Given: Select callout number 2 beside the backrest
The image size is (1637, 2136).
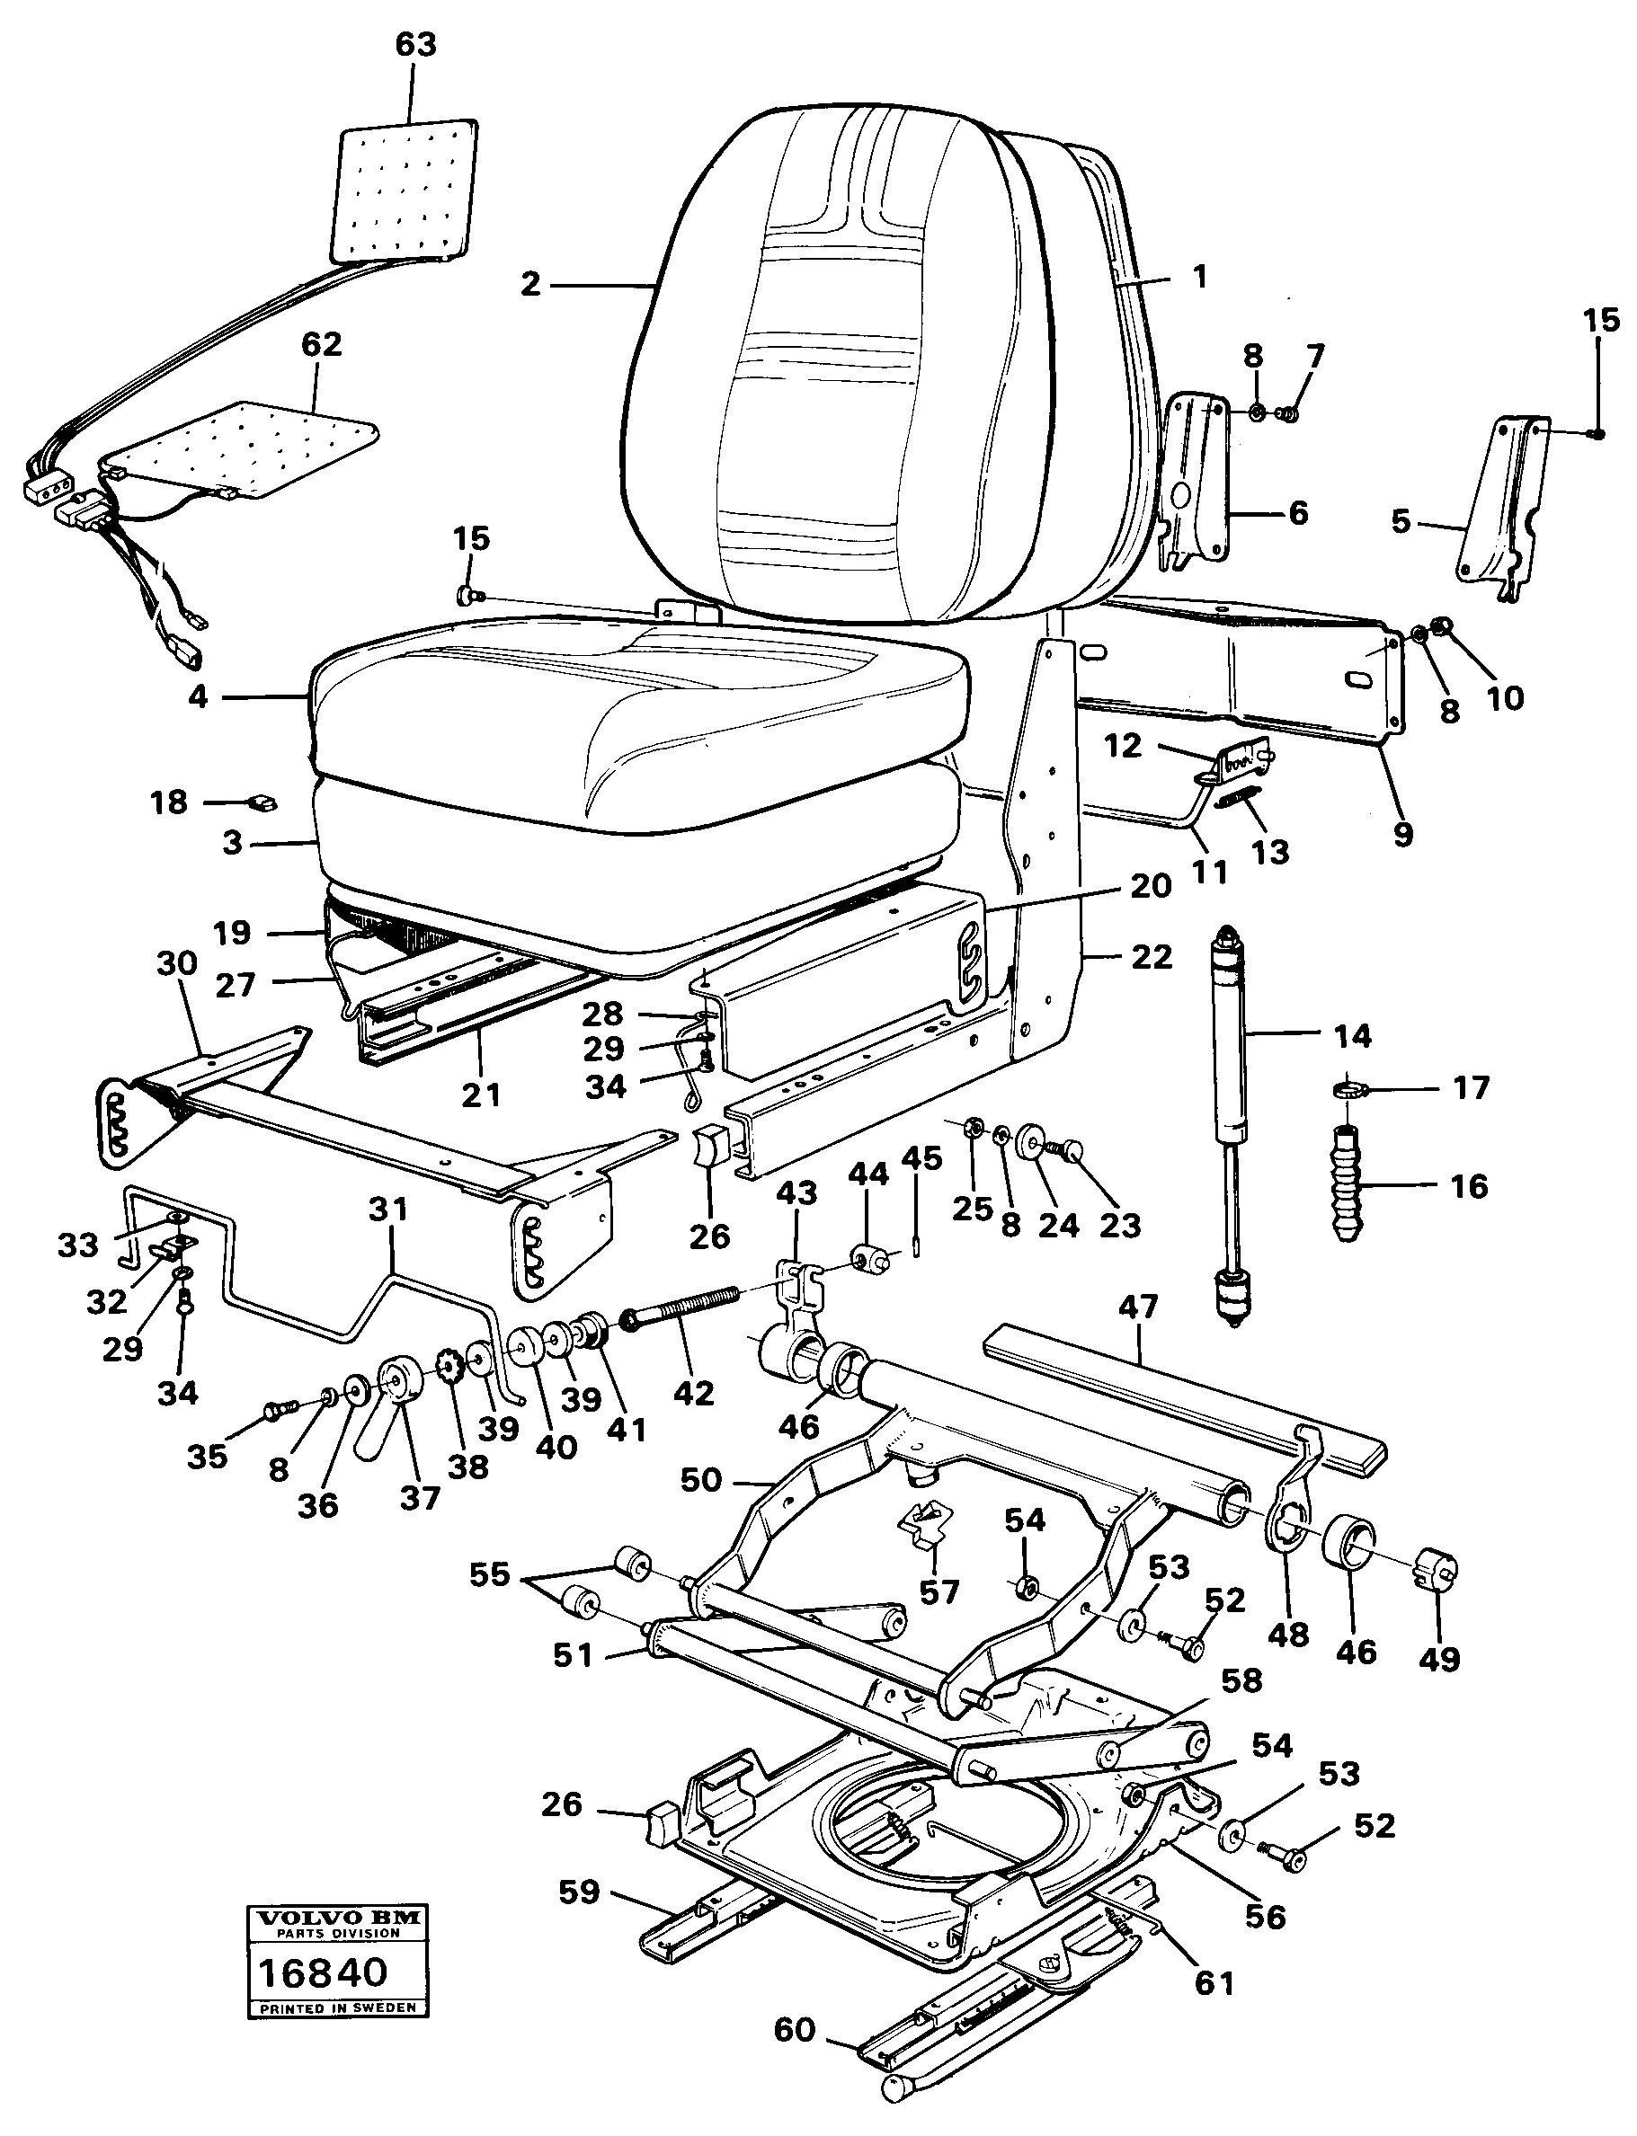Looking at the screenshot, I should [530, 284].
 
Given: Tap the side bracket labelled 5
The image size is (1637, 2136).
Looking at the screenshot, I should [1497, 507].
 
